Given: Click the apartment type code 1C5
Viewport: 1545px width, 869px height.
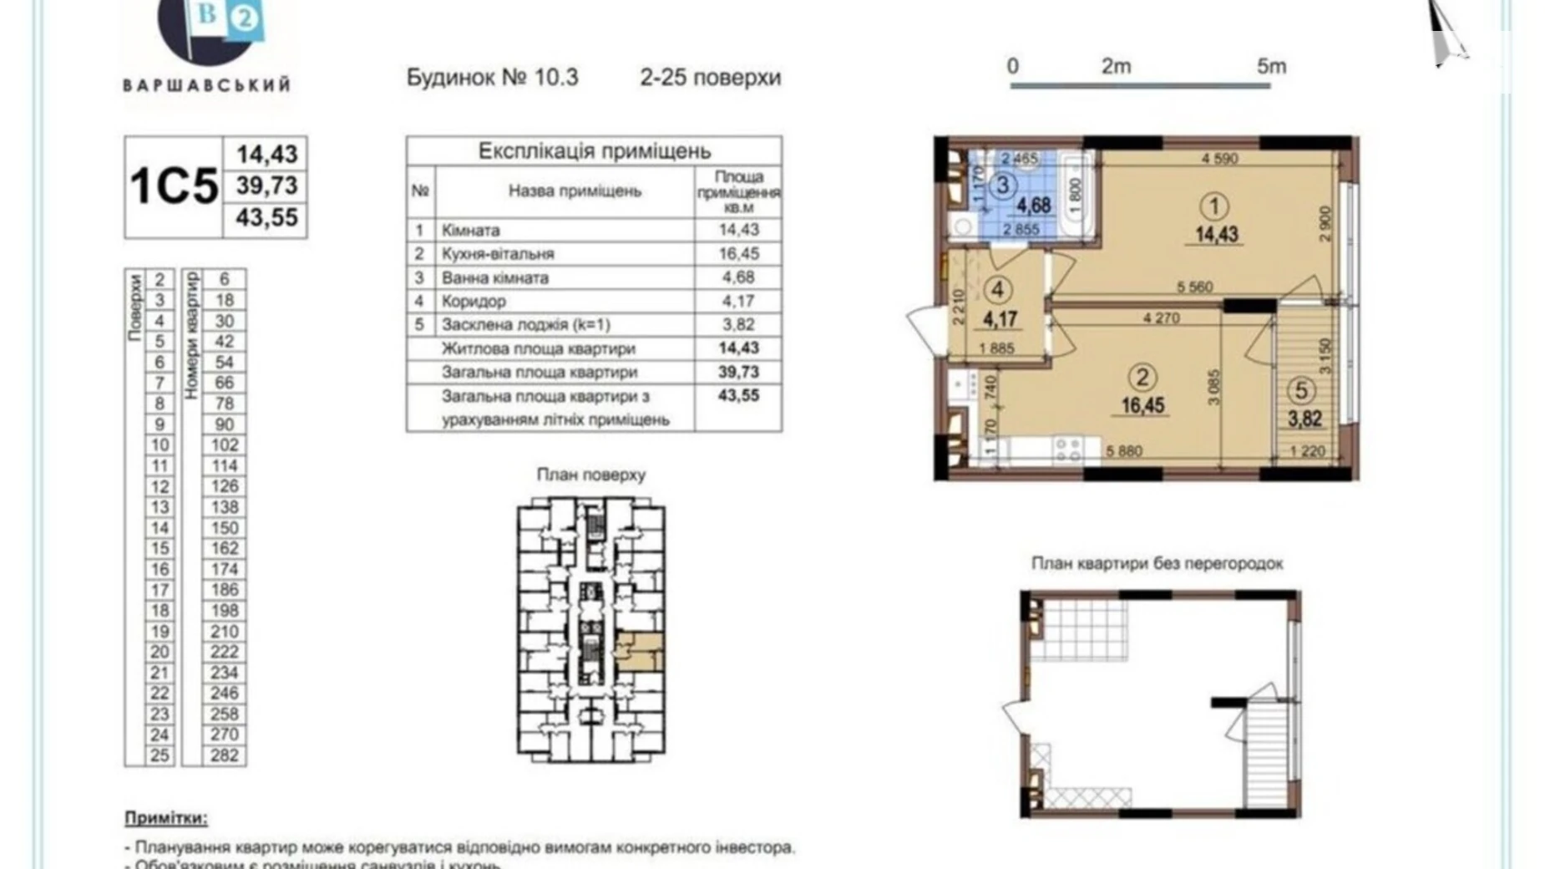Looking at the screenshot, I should (174, 185).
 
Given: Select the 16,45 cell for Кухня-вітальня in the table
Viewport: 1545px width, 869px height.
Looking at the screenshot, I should (738, 253).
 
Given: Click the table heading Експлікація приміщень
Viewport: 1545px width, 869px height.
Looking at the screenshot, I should (594, 151).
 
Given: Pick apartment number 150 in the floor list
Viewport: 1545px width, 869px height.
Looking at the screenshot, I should (225, 527).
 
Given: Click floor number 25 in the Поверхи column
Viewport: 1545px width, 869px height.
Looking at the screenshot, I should (159, 755).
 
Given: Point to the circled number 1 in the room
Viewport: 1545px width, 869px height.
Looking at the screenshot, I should (1213, 206).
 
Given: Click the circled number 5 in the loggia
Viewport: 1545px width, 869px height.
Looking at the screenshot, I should (1300, 389).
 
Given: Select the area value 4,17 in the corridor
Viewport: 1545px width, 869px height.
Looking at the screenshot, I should (1000, 318).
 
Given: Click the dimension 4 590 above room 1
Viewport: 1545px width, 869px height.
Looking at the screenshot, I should (1219, 158).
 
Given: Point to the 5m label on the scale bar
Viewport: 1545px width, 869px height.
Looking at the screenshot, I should (1271, 66).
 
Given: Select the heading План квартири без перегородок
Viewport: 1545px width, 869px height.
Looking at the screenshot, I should (1157, 563).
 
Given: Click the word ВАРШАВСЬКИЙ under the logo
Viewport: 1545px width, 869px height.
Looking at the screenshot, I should (207, 84).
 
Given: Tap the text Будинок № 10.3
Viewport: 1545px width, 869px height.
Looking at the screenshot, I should (492, 77).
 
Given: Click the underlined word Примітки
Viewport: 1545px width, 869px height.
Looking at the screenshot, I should (165, 818).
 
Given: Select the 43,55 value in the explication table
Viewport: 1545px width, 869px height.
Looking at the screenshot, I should (738, 395).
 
